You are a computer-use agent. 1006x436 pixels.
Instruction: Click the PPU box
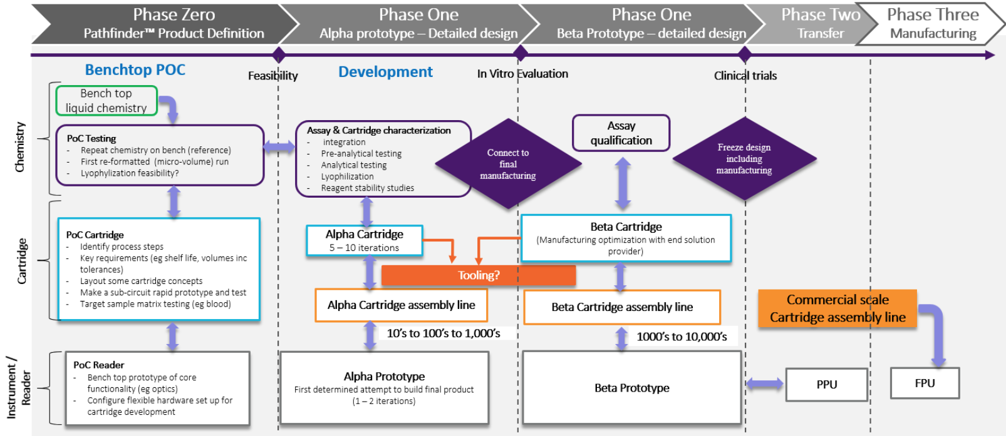(826, 384)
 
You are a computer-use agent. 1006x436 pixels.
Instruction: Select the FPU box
(925, 383)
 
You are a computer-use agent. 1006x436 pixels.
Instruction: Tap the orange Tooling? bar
(479, 275)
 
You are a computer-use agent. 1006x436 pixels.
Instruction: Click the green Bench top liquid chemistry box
(106, 101)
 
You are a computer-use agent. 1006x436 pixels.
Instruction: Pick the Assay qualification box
(621, 133)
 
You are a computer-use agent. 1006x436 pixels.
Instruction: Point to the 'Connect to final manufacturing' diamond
(508, 164)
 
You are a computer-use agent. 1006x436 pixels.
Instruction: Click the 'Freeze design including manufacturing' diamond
(744, 159)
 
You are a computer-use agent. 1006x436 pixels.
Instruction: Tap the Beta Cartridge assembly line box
(622, 307)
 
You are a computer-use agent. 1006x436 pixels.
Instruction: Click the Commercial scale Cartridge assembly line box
(837, 308)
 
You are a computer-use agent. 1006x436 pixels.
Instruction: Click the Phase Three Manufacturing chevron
(933, 24)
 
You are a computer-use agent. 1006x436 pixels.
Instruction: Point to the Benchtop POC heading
(135, 70)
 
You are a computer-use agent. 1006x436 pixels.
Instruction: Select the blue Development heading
(385, 72)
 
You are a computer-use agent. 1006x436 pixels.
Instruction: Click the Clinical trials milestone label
(745, 76)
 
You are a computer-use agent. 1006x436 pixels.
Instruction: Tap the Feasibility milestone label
(273, 76)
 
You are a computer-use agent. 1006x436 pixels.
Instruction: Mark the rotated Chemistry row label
(20, 147)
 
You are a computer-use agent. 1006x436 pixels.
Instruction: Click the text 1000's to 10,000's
(682, 337)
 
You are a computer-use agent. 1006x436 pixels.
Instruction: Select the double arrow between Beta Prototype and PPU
(764, 383)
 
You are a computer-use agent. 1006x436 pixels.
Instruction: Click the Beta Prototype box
(631, 388)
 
